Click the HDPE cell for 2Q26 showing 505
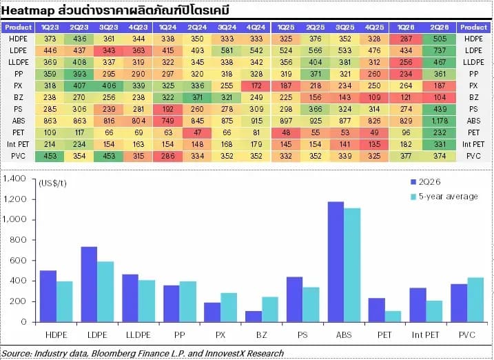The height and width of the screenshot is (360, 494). coord(440,39)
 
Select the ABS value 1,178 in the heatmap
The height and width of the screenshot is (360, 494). coord(440,121)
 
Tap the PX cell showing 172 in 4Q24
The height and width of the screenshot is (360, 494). coord(256,86)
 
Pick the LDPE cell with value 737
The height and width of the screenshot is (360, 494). coord(440,50)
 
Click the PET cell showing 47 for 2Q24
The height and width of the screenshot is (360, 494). coord(197,132)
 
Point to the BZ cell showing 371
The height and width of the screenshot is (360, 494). coord(197,97)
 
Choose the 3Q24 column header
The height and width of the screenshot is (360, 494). coord(227,28)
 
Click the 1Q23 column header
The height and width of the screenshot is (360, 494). coord(50,28)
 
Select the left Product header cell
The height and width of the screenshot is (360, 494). coord(19,28)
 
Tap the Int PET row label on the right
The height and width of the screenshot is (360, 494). coord(473,144)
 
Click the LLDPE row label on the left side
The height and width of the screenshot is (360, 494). coord(19,62)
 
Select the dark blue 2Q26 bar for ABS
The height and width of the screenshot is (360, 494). coord(336,262)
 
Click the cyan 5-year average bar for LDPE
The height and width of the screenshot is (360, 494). coord(105,292)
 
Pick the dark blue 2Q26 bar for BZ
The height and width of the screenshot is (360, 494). coord(254,317)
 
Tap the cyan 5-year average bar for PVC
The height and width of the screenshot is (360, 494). coord(475,300)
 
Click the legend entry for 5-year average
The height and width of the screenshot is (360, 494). coord(444,197)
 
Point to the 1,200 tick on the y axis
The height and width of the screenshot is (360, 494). coord(14,199)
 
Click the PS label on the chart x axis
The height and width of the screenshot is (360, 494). coord(302,334)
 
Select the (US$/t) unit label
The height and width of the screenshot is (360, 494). coord(52,183)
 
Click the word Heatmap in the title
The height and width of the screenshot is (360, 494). coord(28,11)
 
